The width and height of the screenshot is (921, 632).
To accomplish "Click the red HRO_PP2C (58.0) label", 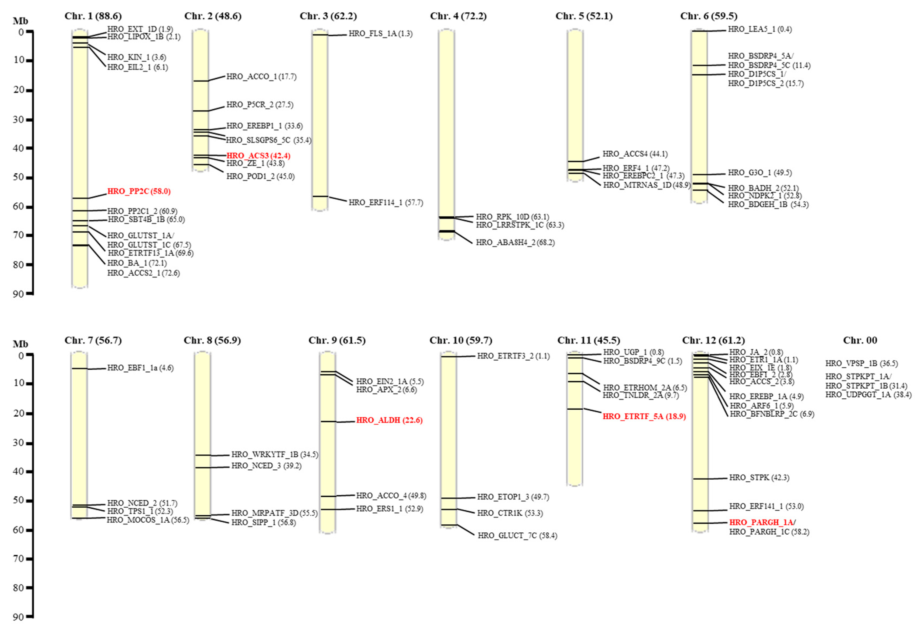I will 139,191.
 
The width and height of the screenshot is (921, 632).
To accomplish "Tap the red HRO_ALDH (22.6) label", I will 389,420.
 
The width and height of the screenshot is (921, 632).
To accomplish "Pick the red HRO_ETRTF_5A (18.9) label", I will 644,416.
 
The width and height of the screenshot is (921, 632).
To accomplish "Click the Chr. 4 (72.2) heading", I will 458,16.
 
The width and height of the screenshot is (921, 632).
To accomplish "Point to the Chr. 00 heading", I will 860,340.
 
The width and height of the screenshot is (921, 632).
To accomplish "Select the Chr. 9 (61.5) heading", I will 337,340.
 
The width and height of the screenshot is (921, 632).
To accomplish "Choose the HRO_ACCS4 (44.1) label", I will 635,154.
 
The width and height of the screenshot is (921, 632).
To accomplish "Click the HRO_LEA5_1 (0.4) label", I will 759,29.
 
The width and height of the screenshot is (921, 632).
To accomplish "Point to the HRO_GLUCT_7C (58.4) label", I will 517,536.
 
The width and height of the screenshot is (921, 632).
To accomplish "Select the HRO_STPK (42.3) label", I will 759,478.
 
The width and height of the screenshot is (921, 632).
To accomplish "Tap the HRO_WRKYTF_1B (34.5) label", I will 275,454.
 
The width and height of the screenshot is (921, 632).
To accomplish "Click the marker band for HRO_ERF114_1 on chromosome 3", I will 320,196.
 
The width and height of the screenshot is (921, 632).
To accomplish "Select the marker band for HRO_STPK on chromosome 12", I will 700,479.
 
